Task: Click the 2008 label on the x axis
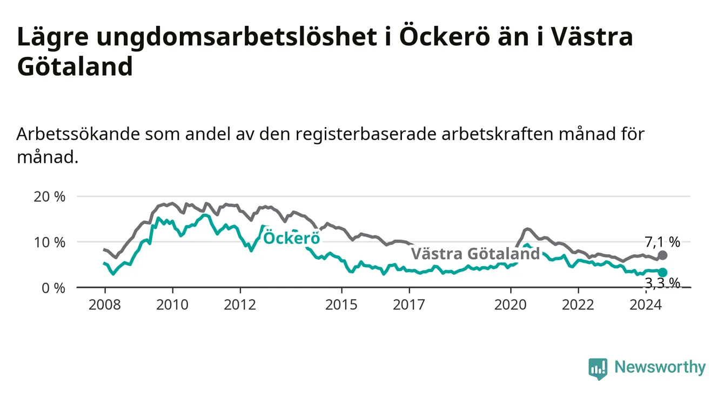104,305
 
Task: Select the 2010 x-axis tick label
172,305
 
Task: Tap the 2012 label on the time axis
240,305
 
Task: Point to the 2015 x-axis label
341,305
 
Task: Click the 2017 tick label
409,305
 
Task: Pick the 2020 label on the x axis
511,305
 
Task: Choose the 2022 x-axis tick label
578,305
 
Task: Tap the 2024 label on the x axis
646,305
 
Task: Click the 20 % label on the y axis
50,197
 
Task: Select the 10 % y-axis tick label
50,242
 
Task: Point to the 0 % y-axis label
53,288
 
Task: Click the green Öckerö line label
292,238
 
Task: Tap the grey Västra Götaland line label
475,253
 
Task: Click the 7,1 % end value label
662,242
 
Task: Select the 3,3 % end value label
662,283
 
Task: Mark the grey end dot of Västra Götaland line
662,255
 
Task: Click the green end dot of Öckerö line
662,272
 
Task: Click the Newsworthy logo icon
598,369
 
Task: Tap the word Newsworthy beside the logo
660,367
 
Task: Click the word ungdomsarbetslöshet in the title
237,36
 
